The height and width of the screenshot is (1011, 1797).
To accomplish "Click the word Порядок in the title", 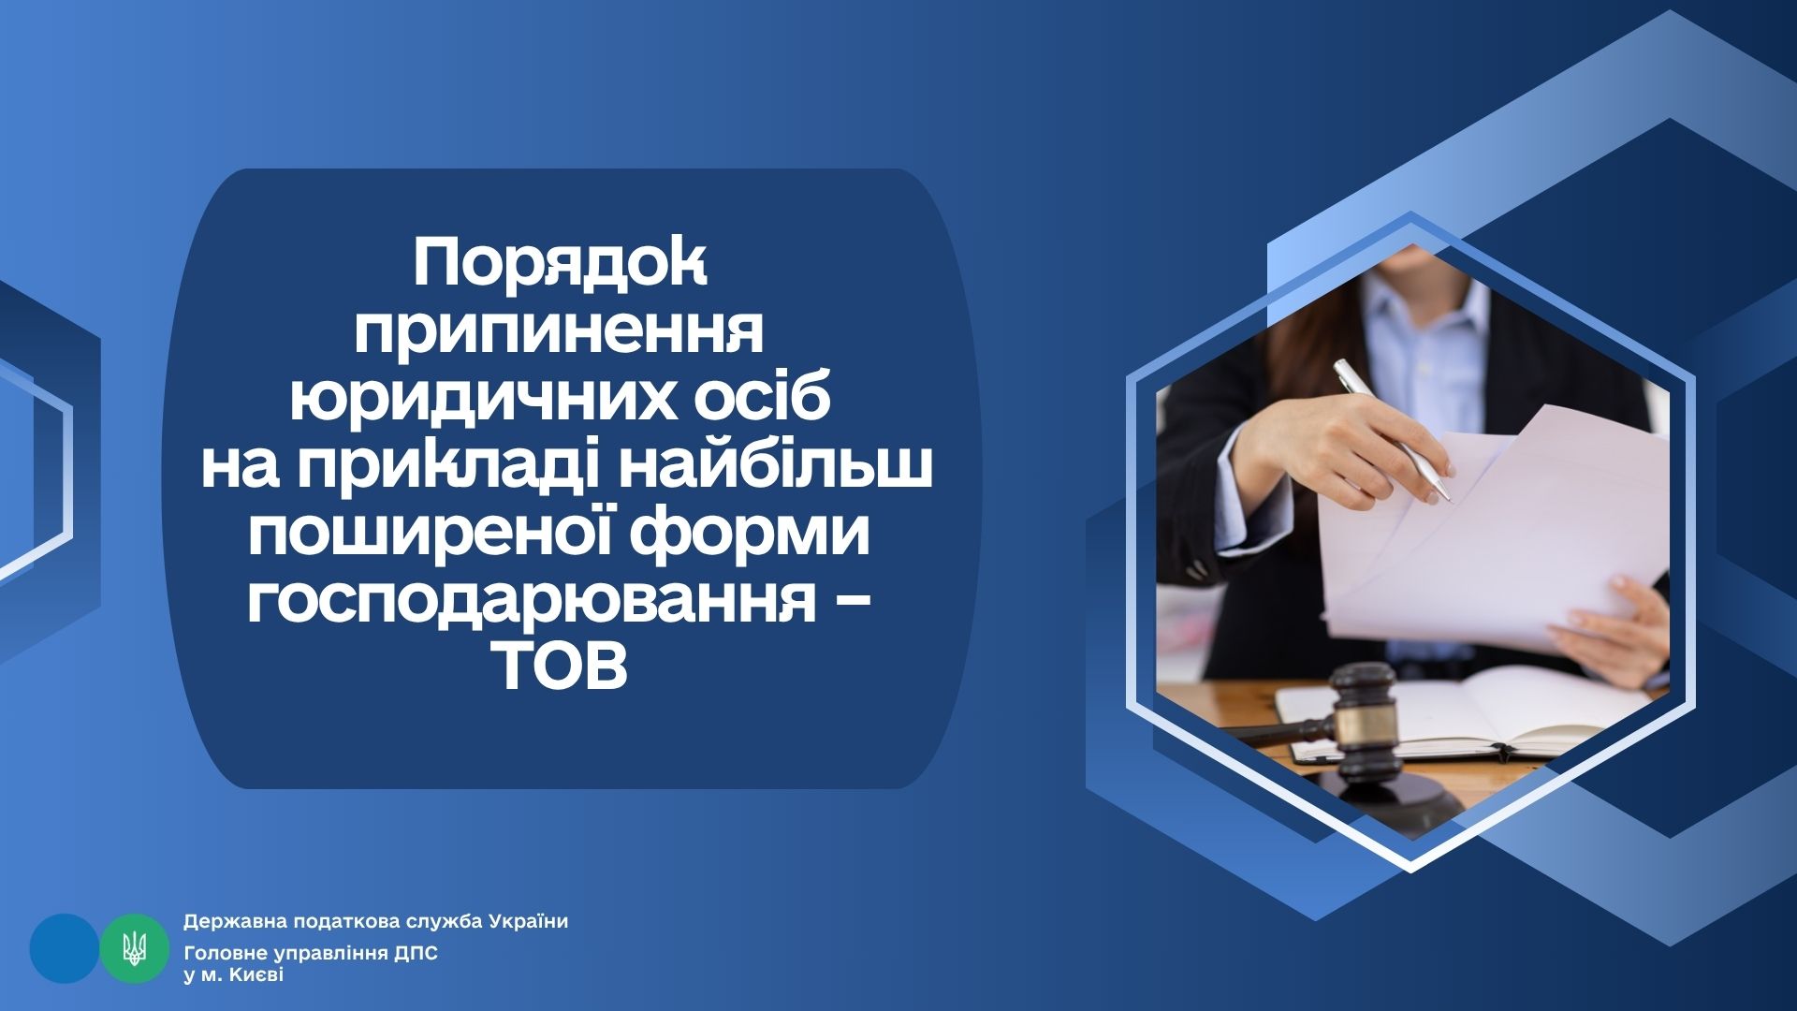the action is [561, 266].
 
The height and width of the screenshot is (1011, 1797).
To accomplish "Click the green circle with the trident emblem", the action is [135, 948].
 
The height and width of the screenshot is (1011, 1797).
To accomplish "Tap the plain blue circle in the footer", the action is [65, 948].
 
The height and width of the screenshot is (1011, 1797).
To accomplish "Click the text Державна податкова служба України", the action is [375, 922].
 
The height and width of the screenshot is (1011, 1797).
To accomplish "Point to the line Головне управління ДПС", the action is [311, 954].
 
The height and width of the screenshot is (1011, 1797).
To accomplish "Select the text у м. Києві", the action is [233, 975].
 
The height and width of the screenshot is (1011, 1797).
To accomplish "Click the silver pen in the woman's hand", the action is [1394, 431].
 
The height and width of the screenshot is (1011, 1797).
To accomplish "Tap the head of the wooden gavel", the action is [1364, 711].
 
